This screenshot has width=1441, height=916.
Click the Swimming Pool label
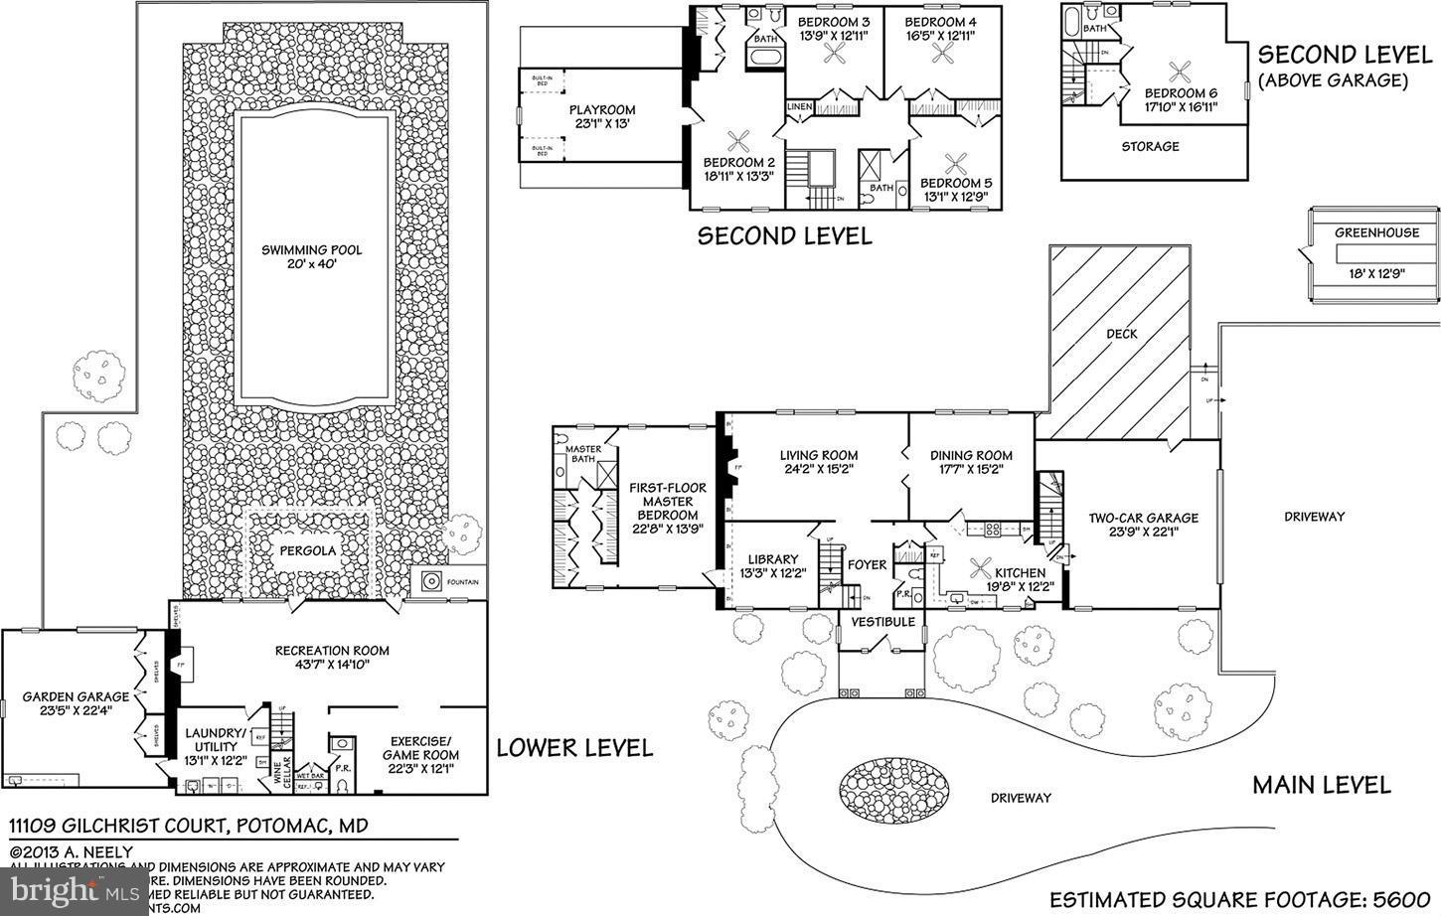click(311, 250)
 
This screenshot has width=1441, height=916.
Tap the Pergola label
click(307, 550)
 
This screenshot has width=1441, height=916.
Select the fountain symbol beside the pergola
click(432, 581)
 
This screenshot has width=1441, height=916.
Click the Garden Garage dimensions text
click(76, 710)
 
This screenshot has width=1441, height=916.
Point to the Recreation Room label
click(332, 651)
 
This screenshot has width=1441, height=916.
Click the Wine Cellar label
click(277, 772)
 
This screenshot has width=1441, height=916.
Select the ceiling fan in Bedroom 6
click(1181, 71)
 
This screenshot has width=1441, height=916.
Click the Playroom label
click(602, 110)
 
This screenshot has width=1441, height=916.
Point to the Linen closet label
click(800, 106)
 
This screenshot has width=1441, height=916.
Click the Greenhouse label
click(1376, 233)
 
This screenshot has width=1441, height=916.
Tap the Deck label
click(1122, 334)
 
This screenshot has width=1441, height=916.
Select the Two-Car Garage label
click(1143, 518)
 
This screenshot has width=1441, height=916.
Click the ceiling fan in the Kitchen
click(981, 571)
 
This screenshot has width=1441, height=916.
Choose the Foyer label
click(867, 564)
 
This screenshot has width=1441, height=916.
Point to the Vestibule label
click(882, 622)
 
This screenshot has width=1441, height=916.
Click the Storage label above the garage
click(1150, 146)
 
